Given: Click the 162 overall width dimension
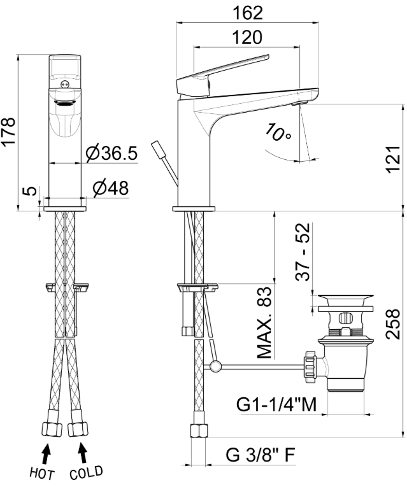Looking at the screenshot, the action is (x=248, y=13).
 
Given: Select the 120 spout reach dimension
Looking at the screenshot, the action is (x=247, y=38).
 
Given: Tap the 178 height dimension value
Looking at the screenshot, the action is (x=8, y=131).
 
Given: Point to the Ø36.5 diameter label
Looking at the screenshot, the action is (x=111, y=153).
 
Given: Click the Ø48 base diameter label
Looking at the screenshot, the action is (x=111, y=188).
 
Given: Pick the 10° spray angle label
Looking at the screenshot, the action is (x=278, y=132).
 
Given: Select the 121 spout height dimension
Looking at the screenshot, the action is (x=393, y=159).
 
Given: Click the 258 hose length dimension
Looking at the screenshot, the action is (x=392, y=323).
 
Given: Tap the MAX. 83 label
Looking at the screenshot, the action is (x=264, y=322).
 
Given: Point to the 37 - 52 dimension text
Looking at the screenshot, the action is (x=303, y=252).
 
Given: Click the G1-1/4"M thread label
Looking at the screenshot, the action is (x=276, y=405).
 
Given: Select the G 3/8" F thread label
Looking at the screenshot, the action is (x=260, y=455).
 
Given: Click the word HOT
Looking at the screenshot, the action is (x=42, y=474).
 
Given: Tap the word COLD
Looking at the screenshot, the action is (x=86, y=473).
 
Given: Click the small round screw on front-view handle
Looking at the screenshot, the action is (x=65, y=84).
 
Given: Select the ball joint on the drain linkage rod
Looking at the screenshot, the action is (x=215, y=365).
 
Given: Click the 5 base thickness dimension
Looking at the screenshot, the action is (x=30, y=191).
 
